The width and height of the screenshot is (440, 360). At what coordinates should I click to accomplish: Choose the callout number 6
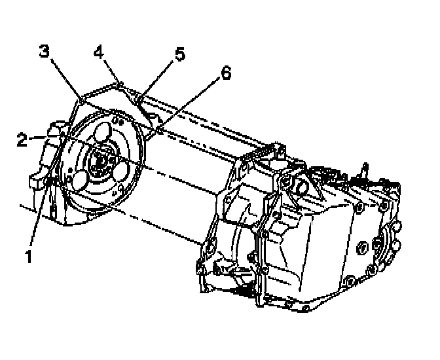(225, 75)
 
